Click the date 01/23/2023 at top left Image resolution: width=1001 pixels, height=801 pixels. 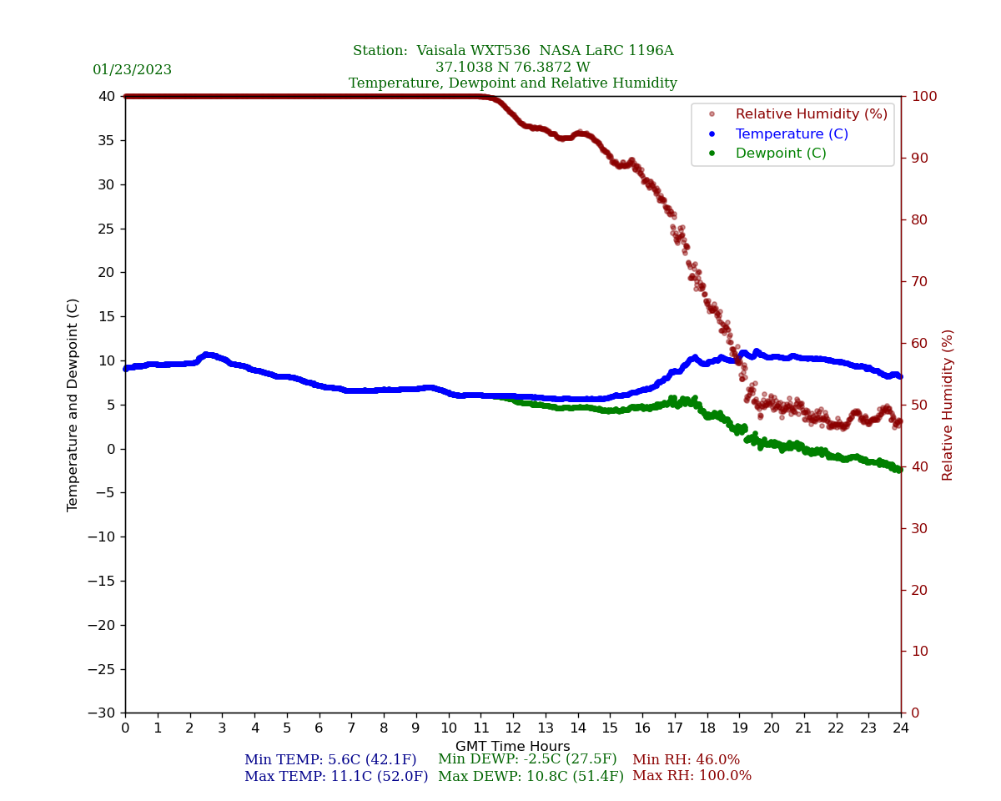(x=132, y=70)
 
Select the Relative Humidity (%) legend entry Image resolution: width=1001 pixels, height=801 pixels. (x=811, y=114)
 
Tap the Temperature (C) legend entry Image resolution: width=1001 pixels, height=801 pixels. (x=791, y=134)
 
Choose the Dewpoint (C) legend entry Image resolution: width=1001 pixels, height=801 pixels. (x=780, y=154)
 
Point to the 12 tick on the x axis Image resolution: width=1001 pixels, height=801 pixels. (x=513, y=728)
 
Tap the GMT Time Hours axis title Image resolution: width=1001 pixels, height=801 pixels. (x=512, y=747)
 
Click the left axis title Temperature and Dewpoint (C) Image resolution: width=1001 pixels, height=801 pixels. (x=73, y=405)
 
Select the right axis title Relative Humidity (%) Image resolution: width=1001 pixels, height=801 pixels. (x=948, y=405)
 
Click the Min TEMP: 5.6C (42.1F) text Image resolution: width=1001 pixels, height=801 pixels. (x=330, y=760)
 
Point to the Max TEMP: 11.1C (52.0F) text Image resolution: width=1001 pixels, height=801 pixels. (x=336, y=777)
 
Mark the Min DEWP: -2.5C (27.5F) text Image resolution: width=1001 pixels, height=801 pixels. (x=527, y=759)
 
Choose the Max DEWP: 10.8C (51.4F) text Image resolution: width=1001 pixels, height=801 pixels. (x=531, y=777)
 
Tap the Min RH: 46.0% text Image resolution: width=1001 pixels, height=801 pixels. (x=686, y=760)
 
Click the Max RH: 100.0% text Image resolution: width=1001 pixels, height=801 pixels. (x=692, y=776)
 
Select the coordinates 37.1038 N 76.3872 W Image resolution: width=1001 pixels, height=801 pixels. (x=512, y=68)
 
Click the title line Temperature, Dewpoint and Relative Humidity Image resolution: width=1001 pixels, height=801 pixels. (x=512, y=83)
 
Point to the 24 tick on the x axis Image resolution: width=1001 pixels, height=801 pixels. (x=901, y=728)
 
